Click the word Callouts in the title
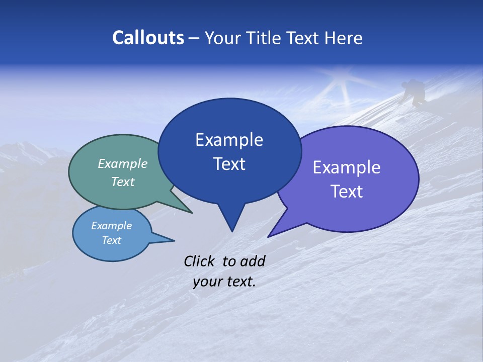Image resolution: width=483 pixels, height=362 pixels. (148, 38)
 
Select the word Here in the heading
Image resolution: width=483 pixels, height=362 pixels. (342, 38)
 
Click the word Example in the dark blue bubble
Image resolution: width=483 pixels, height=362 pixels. (229, 140)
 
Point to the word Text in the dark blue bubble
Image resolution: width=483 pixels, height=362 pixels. (229, 164)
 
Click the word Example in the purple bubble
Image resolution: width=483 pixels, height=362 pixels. (346, 167)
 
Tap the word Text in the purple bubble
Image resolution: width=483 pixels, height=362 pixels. (346, 192)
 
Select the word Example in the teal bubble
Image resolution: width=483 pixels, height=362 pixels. (122, 163)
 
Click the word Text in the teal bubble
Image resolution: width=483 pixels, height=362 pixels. (122, 182)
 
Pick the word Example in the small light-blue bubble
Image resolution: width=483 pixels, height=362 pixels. (111, 226)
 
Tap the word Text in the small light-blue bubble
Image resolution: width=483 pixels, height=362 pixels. (111, 240)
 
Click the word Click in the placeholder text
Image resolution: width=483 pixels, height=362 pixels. (200, 261)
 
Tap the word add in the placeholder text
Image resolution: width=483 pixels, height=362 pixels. (253, 261)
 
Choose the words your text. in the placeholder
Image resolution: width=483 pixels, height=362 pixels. (224, 282)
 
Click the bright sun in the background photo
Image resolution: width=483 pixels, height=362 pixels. (346, 81)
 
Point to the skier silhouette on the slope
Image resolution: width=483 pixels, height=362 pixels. (415, 92)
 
